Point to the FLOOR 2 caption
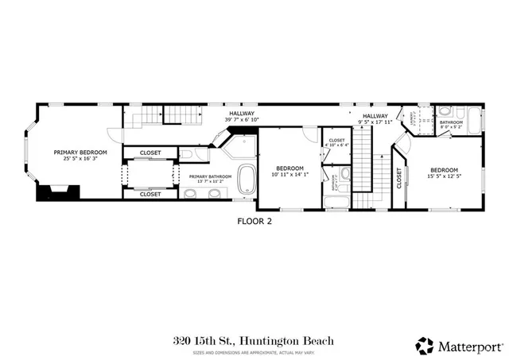click(254, 222)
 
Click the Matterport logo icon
click(425, 346)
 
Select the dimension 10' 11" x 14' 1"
click(289, 176)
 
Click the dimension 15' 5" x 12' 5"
click(444, 176)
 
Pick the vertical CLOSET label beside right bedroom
click(399, 181)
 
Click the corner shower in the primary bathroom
click(239, 147)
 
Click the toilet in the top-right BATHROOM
click(446, 112)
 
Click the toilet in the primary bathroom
click(185, 153)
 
